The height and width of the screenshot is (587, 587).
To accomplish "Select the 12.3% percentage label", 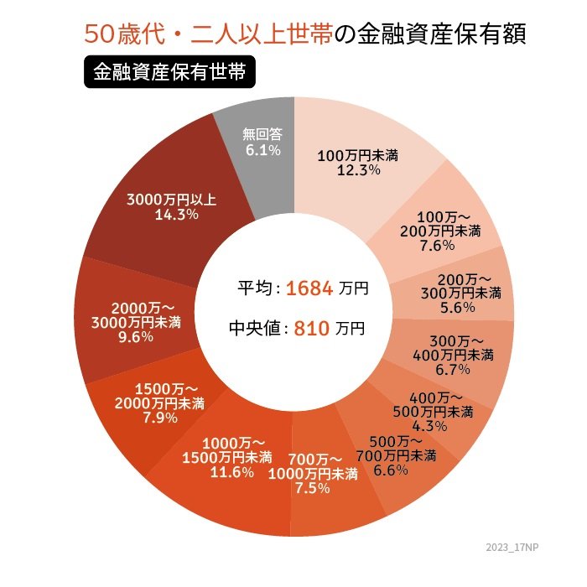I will [x=358, y=169].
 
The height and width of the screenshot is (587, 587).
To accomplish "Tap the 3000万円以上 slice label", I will [x=172, y=200].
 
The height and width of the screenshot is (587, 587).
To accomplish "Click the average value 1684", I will [x=310, y=288].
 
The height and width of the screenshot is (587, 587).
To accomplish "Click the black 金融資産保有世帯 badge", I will [x=169, y=71].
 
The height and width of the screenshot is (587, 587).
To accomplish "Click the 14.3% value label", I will [x=176, y=215].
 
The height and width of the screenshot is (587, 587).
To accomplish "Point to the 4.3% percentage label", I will [x=434, y=426].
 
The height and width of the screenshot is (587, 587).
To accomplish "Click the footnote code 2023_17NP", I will [x=514, y=547].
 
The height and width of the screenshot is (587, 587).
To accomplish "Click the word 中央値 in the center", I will [x=257, y=329].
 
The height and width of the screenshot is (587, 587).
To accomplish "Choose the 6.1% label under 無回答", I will [x=262, y=149].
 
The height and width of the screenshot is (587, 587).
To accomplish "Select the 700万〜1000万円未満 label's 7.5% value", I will [x=312, y=489].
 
